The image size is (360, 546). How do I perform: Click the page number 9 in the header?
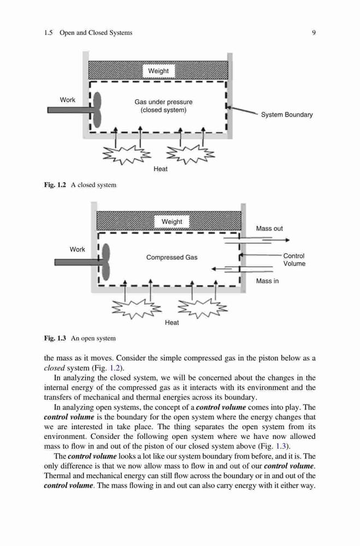pyautogui.click(x=314, y=33)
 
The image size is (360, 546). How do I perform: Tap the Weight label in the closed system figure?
pyautogui.click(x=158, y=71)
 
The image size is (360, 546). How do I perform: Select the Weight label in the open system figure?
pyautogui.click(x=172, y=222)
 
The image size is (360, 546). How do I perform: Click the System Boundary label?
pyautogui.click(x=287, y=115)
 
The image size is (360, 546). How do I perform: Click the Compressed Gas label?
pyautogui.click(x=172, y=257)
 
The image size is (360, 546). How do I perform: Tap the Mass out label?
pyautogui.click(x=269, y=228)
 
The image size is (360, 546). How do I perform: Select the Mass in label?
pyautogui.click(x=267, y=281)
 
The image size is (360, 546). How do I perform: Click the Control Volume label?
pyautogui.click(x=294, y=260)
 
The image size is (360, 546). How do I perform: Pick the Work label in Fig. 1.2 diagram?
pyautogui.click(x=68, y=100)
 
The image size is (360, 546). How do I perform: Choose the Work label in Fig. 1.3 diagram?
pyautogui.click(x=78, y=250)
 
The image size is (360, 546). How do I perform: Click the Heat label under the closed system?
pyautogui.click(x=161, y=169)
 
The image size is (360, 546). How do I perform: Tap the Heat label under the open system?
pyautogui.click(x=172, y=323)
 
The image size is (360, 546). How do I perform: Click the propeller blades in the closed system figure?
pyautogui.click(x=97, y=109)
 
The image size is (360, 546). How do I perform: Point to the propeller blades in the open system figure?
pyautogui.click(x=106, y=262)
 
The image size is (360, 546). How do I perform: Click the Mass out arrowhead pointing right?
pyautogui.click(x=287, y=240)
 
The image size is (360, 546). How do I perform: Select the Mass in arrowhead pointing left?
pyautogui.click(x=214, y=269)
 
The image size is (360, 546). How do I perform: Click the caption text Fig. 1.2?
pyautogui.click(x=55, y=185)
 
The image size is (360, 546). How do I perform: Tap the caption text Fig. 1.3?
pyautogui.click(x=55, y=338)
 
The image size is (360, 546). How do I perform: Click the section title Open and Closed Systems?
pyautogui.click(x=96, y=33)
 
